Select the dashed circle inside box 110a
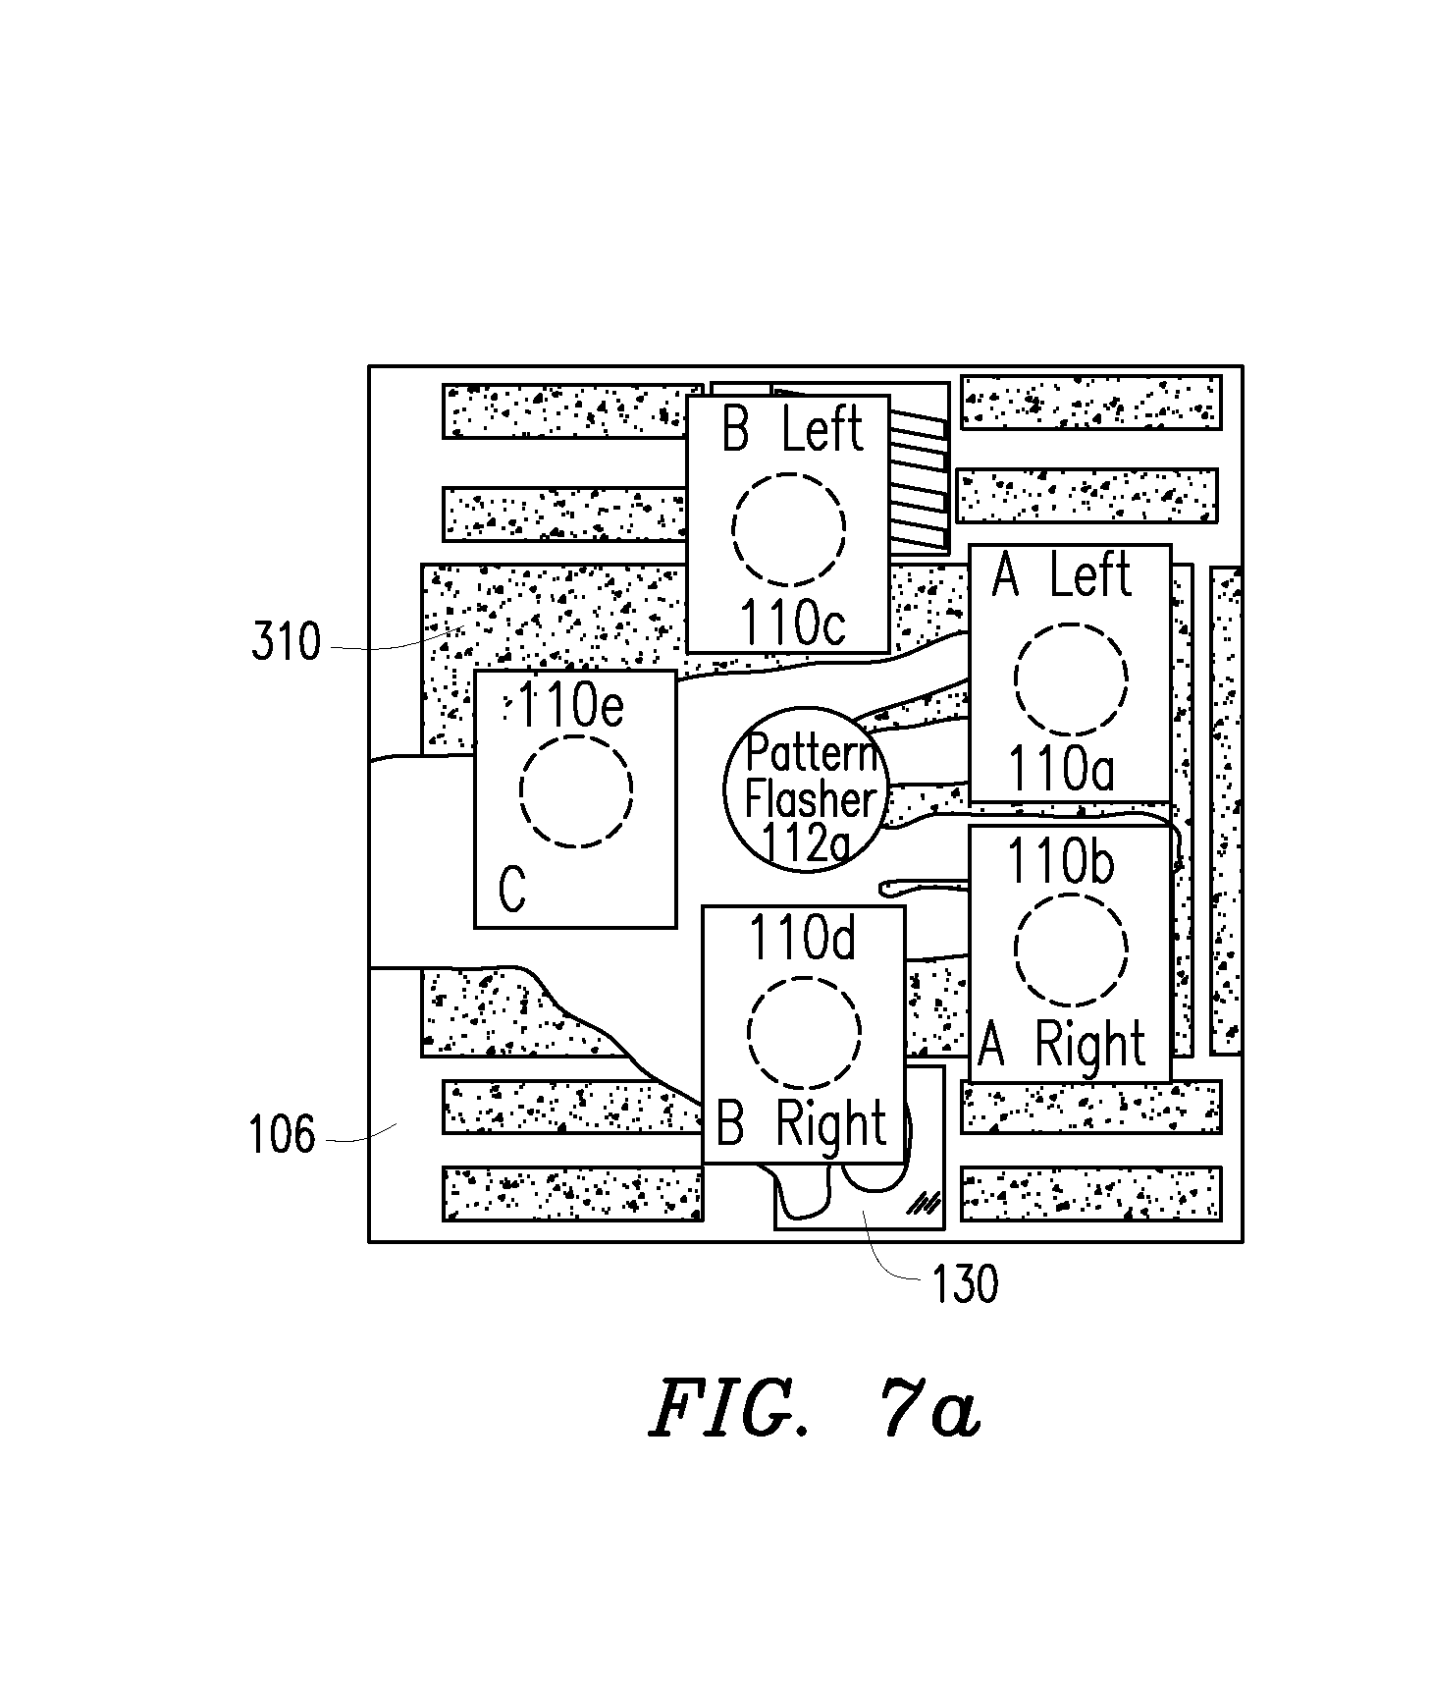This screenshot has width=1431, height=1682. (1071, 624)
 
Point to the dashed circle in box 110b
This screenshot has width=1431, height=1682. (1071, 895)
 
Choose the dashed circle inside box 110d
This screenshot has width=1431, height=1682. (804, 978)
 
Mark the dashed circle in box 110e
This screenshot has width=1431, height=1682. (576, 733)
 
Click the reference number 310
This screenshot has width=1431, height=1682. (287, 643)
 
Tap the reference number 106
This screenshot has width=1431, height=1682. (282, 1135)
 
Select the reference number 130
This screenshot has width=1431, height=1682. (966, 1283)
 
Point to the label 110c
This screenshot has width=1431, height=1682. (792, 622)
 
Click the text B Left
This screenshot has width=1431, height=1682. (792, 429)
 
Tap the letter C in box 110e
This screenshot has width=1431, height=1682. (511, 890)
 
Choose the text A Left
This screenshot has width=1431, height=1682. (1062, 573)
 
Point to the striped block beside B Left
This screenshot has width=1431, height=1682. (919, 478)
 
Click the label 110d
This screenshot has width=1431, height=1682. (802, 938)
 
